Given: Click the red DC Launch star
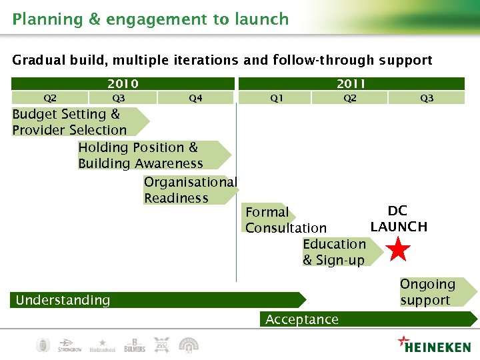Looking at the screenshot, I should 398,250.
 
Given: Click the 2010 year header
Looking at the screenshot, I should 123,83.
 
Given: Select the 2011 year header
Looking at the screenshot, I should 351,83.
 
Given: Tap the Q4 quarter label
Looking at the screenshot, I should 195,98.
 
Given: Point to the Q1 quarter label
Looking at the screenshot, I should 276,98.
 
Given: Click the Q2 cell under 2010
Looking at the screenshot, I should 50,98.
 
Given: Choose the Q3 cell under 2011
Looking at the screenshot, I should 427,98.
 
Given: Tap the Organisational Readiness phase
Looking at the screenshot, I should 190,190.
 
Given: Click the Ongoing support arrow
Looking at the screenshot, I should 433,292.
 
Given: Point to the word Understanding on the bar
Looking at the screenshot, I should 63,300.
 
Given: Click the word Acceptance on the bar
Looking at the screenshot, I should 301,319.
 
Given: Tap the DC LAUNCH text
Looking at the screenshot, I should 399,219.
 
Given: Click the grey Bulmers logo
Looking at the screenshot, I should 134,345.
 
